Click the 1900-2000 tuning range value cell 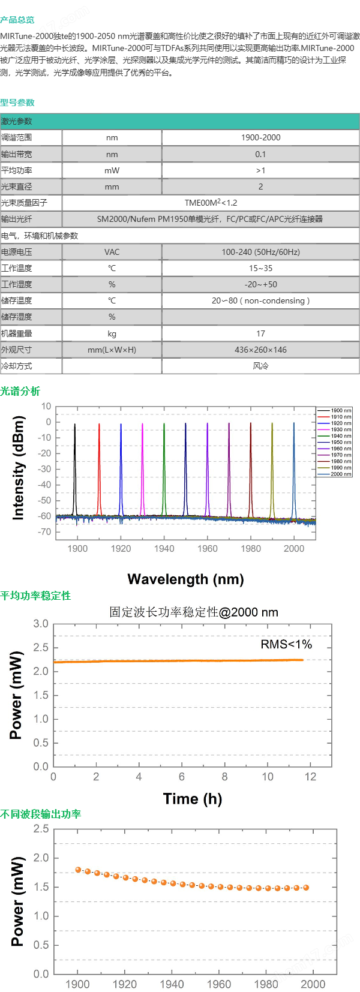click(260, 137)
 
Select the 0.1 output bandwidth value click(260, 154)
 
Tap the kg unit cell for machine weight click(112, 333)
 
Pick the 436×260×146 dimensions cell click(260, 350)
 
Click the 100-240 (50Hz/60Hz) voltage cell click(260, 252)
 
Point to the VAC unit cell click(112, 252)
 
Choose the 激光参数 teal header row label click(17, 121)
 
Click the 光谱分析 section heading click(20, 391)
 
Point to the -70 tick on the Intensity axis click(45, 532)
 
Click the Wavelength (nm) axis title click(185, 579)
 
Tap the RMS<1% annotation click(286, 644)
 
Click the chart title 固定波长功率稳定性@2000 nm click(193, 612)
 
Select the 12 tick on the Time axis click(310, 777)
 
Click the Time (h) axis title click(192, 799)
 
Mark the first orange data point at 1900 click(78, 870)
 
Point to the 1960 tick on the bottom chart click(218, 984)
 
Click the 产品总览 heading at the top click(17, 20)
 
